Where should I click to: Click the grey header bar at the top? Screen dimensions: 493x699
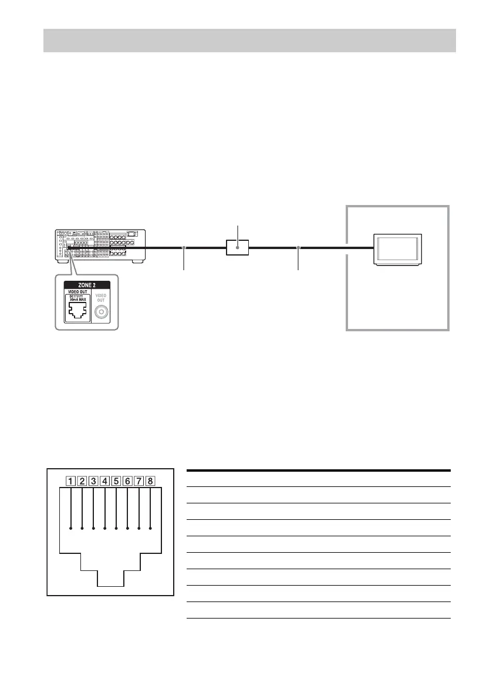point(249,39)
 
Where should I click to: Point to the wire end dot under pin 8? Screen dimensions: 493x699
point(150,529)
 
